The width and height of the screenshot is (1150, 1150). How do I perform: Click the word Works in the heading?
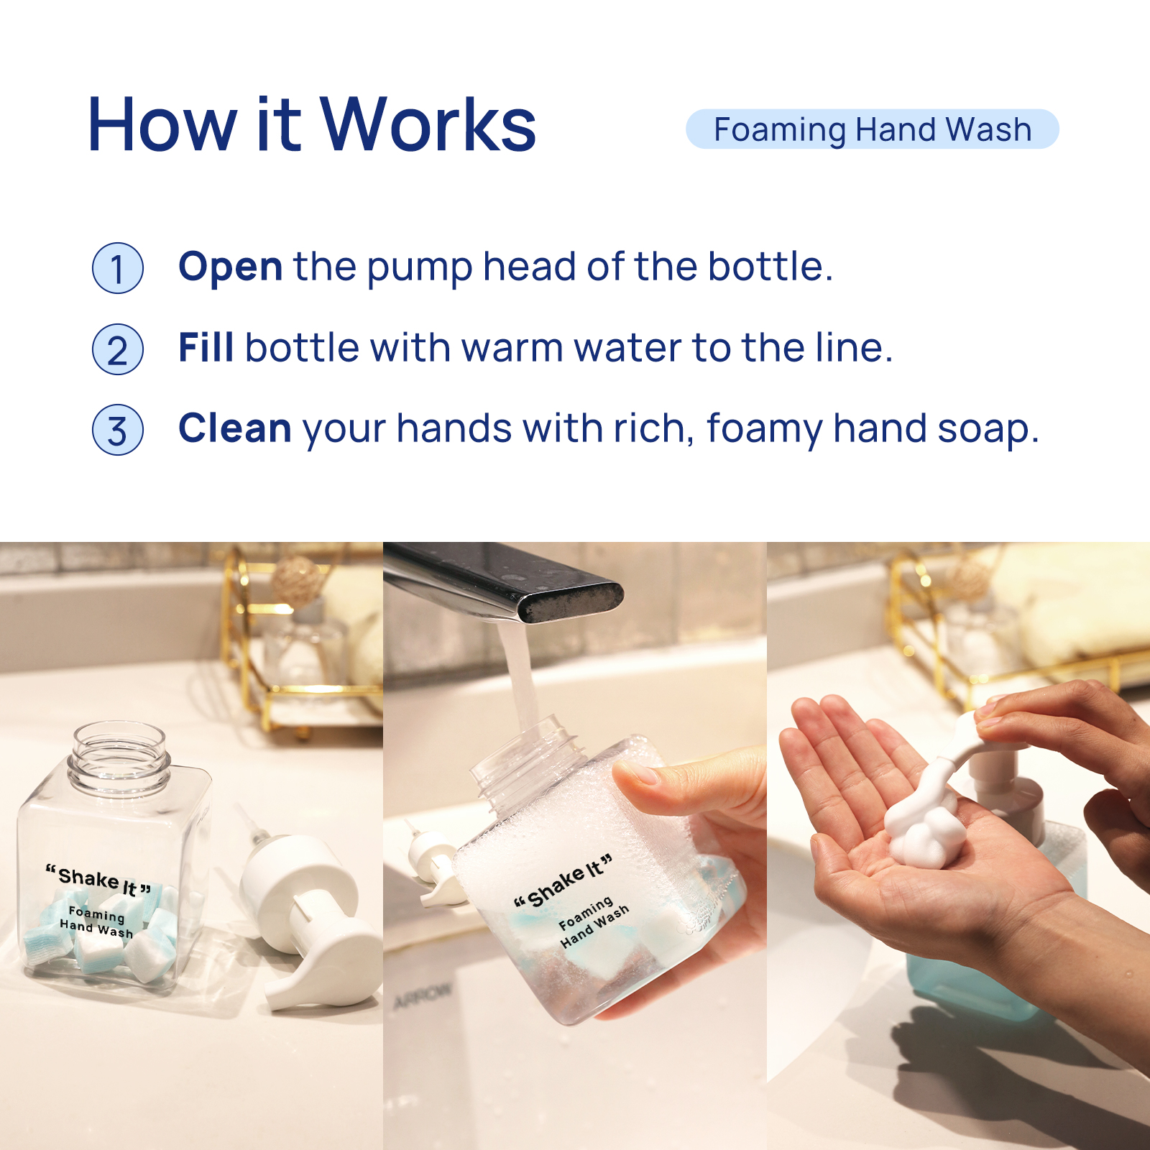pos(428,125)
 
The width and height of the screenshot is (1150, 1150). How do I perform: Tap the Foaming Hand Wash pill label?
pos(873,129)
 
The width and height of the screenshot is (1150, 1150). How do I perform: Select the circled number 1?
pos(118,268)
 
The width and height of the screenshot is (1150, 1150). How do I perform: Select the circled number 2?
pos(118,349)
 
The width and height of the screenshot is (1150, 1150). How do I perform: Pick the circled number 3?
pos(118,430)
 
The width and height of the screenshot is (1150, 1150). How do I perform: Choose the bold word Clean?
pos(235,428)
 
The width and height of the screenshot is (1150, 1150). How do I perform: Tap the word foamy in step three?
pos(765,430)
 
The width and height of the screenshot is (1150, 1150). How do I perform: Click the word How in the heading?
pos(162,125)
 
